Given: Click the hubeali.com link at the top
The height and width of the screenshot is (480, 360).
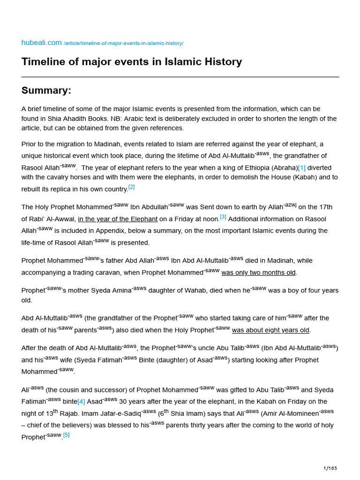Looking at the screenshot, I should coord(41,43).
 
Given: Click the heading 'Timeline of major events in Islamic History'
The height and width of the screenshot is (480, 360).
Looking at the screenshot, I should coord(132,62).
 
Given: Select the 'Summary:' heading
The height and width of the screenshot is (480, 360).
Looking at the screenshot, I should coord(46,90).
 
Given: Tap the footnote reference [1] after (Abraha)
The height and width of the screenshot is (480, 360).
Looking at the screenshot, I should coord(302,168).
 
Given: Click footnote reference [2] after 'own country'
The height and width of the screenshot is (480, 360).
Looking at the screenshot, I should coord(131,187).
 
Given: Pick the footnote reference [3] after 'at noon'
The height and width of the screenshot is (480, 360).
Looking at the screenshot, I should coord(223,217).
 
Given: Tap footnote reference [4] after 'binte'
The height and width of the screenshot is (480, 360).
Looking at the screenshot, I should coord(81,402).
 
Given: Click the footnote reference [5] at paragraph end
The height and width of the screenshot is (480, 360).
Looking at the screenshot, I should coord(66,435).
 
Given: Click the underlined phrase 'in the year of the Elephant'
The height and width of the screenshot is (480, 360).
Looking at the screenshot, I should coord(118,219).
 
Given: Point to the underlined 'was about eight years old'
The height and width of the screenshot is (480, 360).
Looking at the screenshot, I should coord(271,330).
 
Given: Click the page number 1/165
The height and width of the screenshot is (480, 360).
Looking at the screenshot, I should coord(330,468).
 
